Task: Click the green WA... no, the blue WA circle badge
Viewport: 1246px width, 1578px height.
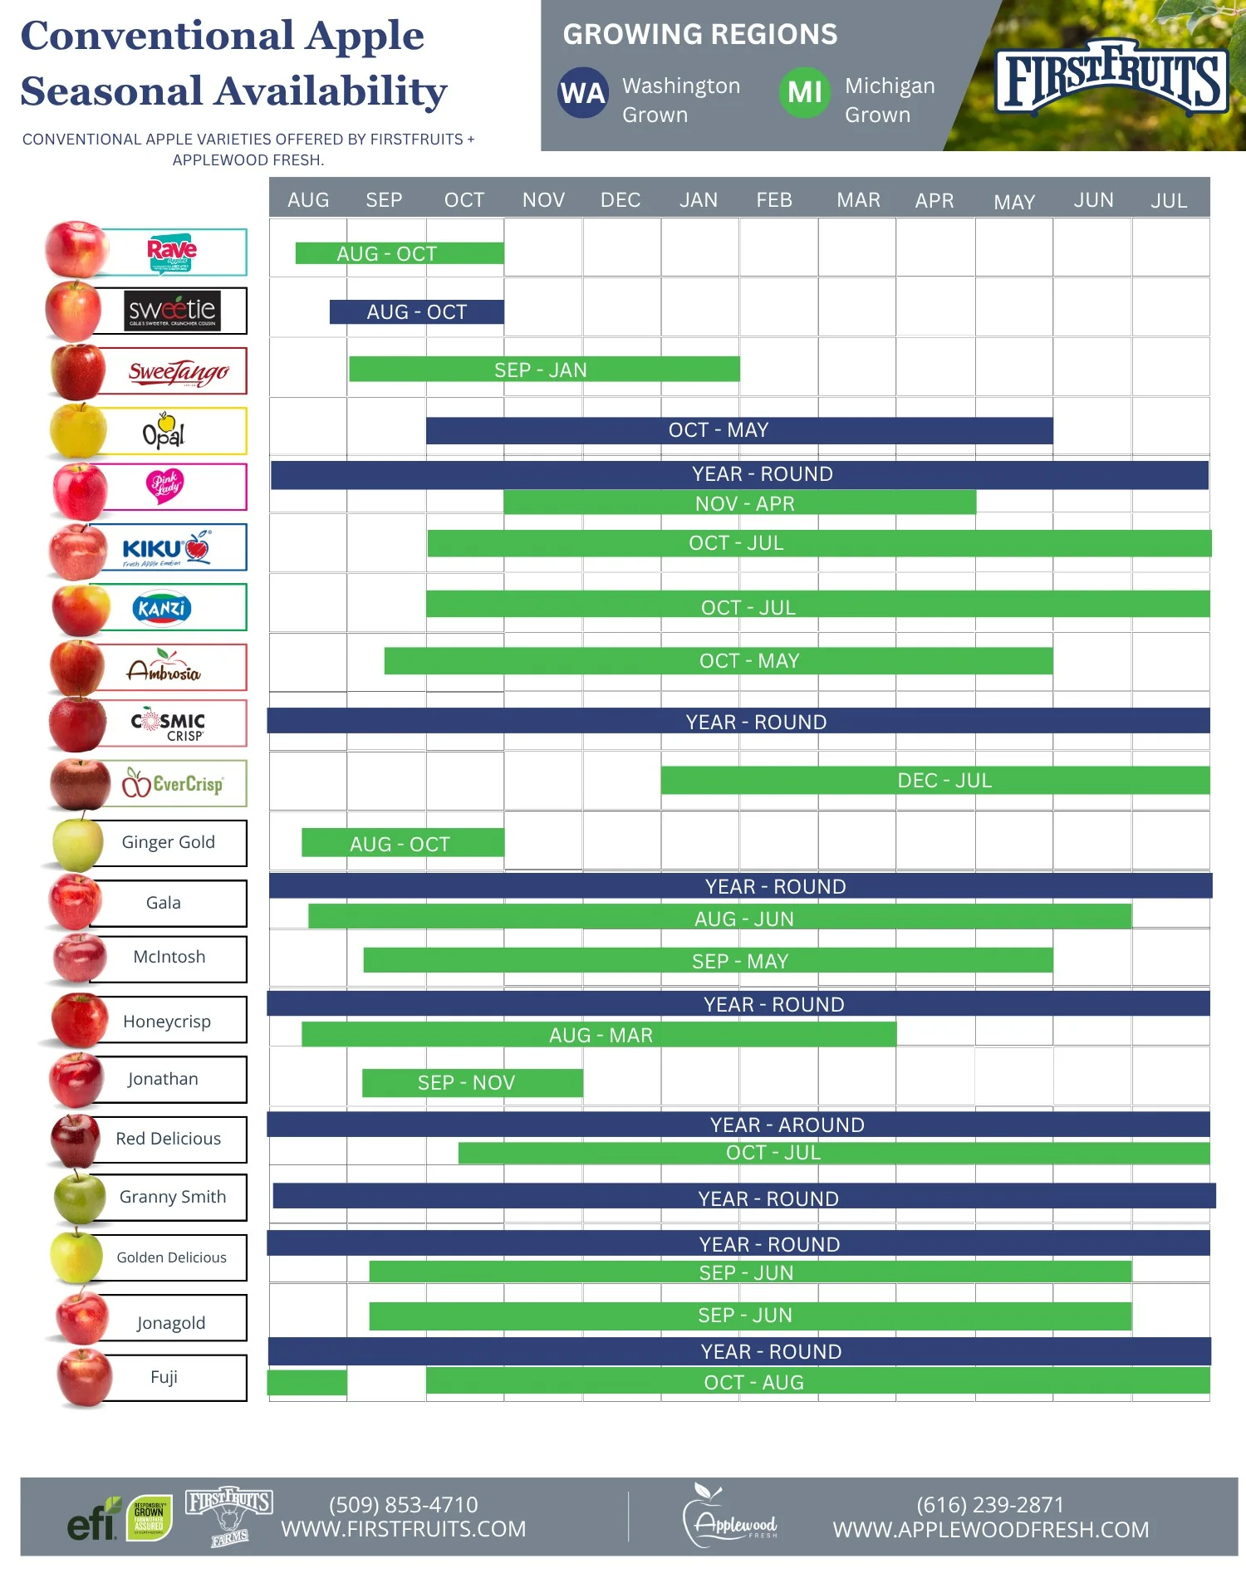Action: tap(583, 93)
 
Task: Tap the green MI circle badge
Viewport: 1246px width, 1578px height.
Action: tap(804, 93)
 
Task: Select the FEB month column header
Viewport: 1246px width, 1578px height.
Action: tap(774, 200)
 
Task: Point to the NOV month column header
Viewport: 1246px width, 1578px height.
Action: tap(543, 200)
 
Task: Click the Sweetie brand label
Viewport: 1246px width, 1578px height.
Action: tap(172, 311)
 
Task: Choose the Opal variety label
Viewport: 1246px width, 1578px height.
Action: tap(164, 431)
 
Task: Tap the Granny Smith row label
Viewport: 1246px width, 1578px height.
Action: tap(172, 1197)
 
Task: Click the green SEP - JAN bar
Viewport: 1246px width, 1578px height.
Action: tap(543, 370)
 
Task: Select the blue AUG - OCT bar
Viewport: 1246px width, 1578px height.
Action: tap(417, 311)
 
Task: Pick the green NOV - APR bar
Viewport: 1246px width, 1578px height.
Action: tap(739, 502)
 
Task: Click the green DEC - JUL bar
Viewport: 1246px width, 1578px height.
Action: tap(935, 780)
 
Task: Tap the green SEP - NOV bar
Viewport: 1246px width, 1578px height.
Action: tap(472, 1082)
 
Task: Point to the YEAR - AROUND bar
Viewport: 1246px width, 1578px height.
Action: tap(738, 1125)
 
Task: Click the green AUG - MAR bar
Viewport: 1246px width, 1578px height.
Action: tap(599, 1034)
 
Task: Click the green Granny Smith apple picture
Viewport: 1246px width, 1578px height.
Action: tap(79, 1197)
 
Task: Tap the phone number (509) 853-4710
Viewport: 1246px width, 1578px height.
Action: tap(403, 1504)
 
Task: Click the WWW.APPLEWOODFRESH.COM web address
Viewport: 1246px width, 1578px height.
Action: tap(990, 1529)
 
